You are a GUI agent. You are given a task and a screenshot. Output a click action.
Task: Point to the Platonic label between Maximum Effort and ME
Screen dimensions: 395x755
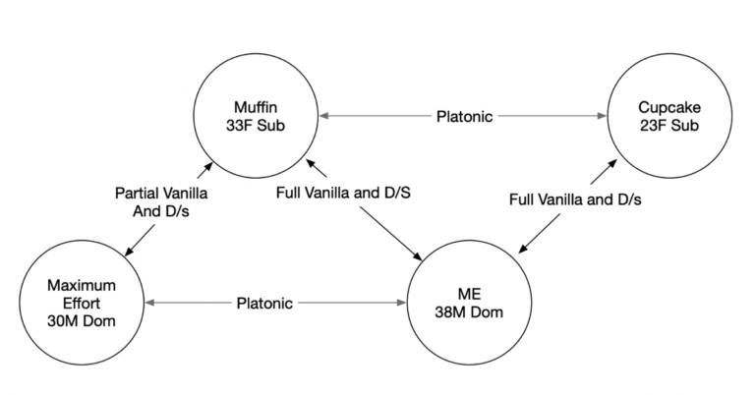264,303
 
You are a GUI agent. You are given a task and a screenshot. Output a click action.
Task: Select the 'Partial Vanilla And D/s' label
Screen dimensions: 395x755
161,202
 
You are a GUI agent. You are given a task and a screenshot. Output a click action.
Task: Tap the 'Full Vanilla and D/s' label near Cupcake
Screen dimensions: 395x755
575,199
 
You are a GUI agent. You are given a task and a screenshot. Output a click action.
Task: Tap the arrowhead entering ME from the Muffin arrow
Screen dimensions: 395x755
420,256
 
